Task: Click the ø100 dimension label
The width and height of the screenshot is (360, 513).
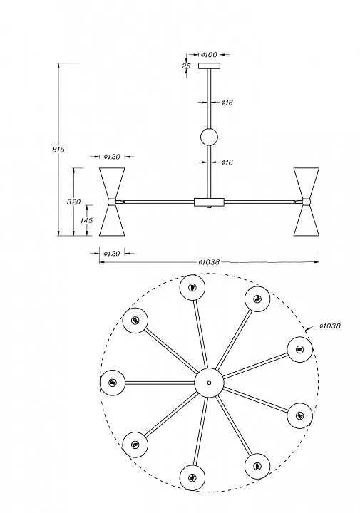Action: (x=209, y=54)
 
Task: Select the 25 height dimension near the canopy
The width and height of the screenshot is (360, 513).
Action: (x=186, y=66)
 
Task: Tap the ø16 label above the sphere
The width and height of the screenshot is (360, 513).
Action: (x=227, y=103)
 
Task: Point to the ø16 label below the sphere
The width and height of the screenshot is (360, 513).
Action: (x=227, y=162)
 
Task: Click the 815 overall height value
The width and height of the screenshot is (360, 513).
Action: (x=58, y=150)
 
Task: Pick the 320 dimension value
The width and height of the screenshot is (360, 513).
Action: (x=73, y=202)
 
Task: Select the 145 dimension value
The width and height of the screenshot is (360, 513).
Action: (x=87, y=220)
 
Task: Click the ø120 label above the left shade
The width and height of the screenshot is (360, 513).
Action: (x=112, y=157)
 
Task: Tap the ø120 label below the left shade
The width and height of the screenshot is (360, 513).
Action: (x=112, y=253)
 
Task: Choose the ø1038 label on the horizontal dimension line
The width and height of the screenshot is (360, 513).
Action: (x=209, y=262)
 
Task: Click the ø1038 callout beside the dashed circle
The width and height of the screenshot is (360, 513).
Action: (x=330, y=326)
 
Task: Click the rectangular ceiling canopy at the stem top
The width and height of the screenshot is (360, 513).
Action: (x=209, y=66)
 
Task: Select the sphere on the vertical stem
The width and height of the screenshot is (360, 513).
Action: (x=209, y=137)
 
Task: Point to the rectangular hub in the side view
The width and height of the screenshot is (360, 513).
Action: (x=209, y=202)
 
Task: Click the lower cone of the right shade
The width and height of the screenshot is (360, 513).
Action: (x=307, y=220)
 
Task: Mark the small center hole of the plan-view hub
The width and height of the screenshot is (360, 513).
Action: (x=209, y=383)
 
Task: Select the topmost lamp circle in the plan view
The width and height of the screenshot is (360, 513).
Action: (x=192, y=287)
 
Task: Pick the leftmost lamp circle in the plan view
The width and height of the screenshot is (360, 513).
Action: (x=113, y=383)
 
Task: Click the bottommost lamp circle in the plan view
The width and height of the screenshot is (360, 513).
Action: (x=192, y=477)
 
